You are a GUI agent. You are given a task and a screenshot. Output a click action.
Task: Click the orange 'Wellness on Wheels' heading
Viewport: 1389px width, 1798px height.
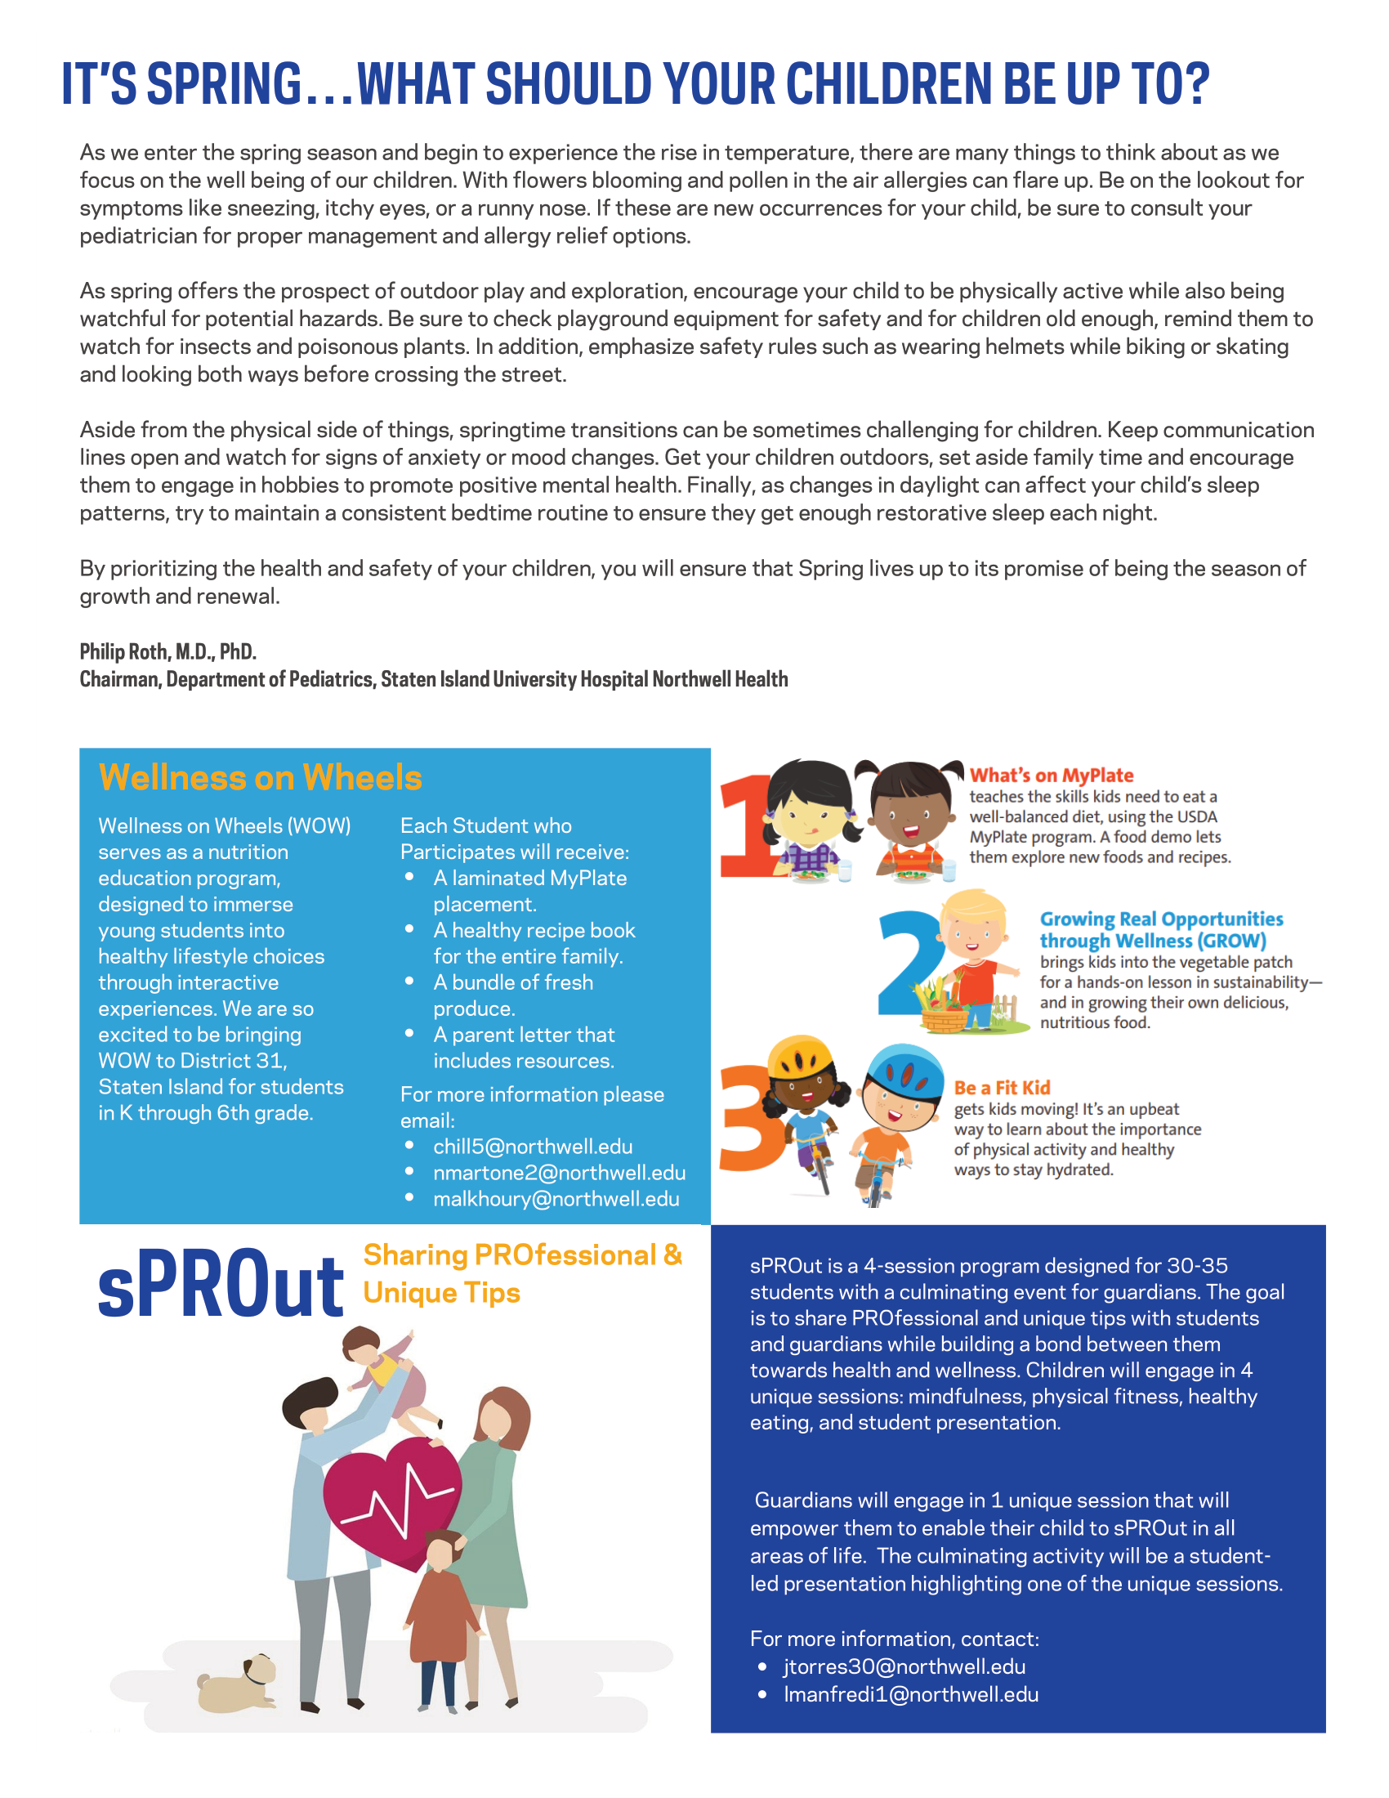tap(260, 778)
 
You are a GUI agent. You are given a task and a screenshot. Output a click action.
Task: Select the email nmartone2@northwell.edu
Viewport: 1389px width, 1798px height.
tap(559, 1173)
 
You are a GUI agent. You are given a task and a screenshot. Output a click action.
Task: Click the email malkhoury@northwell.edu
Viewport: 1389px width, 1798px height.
tap(556, 1200)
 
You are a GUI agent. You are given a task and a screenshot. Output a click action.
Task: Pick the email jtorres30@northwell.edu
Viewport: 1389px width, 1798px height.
tap(904, 1667)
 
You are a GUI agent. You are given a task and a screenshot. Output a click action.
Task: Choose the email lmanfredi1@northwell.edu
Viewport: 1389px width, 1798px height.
tap(911, 1695)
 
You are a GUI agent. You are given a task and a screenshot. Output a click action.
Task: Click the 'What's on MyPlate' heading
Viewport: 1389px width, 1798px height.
tap(1051, 776)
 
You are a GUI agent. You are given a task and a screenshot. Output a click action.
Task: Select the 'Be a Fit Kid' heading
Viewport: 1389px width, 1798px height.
tap(1002, 1088)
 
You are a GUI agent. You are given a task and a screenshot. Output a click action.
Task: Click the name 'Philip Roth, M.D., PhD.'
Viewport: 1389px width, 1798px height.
tap(167, 652)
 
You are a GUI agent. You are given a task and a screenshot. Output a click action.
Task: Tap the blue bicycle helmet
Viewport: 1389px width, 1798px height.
tap(903, 1072)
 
